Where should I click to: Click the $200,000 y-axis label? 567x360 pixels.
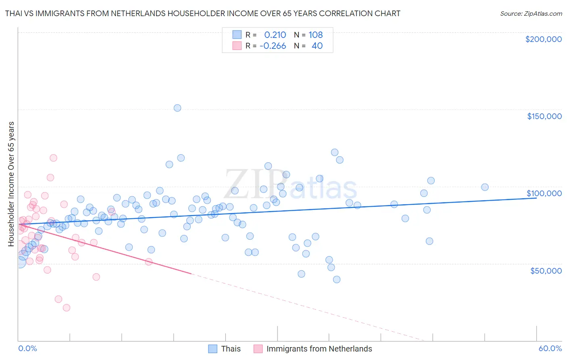click(x=543, y=39)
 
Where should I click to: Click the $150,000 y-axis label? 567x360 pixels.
click(x=544, y=116)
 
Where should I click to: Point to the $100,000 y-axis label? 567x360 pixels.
click(x=544, y=193)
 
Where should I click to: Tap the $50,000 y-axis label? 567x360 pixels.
click(x=546, y=270)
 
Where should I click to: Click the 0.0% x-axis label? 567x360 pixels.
click(x=27, y=348)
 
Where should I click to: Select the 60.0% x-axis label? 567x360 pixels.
click(x=550, y=348)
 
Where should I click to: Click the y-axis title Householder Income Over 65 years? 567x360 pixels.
click(x=11, y=184)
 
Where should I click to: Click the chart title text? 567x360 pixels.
click(x=202, y=13)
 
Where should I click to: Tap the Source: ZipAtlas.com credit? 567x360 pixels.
click(x=531, y=13)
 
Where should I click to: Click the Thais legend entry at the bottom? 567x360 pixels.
click(x=231, y=349)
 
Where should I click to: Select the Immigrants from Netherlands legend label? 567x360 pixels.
click(x=319, y=349)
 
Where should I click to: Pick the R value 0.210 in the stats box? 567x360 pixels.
click(x=275, y=35)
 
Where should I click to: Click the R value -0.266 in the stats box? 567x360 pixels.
click(x=273, y=46)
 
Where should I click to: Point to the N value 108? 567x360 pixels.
click(x=316, y=35)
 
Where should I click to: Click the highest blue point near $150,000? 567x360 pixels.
click(x=177, y=108)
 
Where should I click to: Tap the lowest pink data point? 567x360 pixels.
click(x=67, y=308)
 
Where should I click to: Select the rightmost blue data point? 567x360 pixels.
click(x=485, y=187)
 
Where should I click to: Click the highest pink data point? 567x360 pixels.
click(x=53, y=158)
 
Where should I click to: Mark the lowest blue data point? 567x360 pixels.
click(x=337, y=279)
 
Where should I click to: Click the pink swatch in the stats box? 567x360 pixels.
click(x=237, y=46)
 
